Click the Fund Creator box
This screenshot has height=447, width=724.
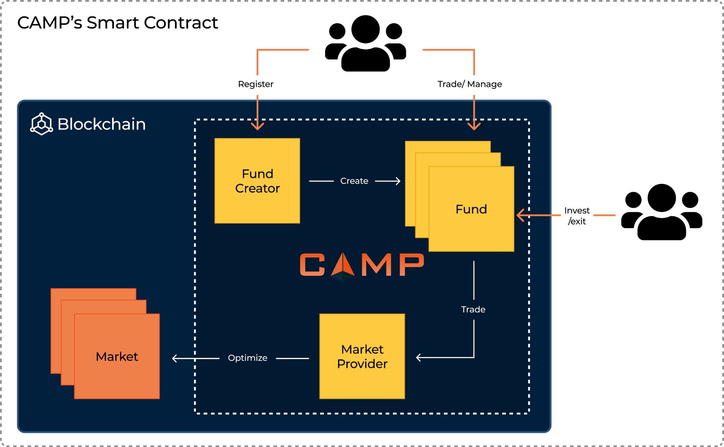click(257, 181)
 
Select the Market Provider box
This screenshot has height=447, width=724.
click(362, 356)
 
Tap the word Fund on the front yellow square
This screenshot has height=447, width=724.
click(471, 209)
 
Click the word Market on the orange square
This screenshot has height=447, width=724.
click(117, 357)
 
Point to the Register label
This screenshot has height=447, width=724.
click(256, 84)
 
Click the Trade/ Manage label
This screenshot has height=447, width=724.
click(469, 84)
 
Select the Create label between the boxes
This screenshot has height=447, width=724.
click(354, 181)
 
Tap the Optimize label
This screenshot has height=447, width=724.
click(247, 358)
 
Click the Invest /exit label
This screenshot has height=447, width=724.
click(577, 216)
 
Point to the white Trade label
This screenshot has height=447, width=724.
click(473, 309)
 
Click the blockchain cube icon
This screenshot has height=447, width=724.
click(42, 124)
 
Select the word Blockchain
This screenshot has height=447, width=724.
click(101, 124)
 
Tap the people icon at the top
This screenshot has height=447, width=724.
click(366, 43)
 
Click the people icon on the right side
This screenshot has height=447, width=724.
click(661, 212)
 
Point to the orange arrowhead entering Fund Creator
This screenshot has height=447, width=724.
click(257, 126)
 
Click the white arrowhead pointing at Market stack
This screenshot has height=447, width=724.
click(174, 358)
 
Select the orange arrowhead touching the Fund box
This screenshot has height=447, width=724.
click(520, 215)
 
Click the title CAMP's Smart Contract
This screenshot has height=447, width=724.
click(117, 23)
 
